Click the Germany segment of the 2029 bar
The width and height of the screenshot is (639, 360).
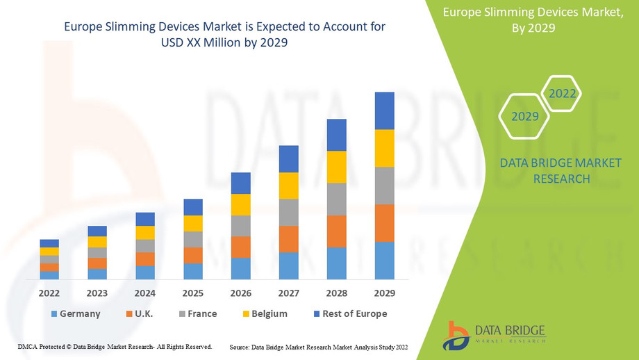(x=384, y=260)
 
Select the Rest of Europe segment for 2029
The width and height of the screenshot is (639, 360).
(x=384, y=111)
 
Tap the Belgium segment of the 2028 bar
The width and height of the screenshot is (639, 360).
(x=336, y=167)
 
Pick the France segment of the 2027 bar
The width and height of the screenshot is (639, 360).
(x=288, y=212)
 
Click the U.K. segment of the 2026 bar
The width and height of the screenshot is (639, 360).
(x=240, y=247)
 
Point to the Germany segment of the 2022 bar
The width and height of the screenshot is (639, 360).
(x=49, y=275)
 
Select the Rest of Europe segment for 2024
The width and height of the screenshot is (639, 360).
(x=145, y=219)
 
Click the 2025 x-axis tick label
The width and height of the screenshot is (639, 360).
(x=193, y=293)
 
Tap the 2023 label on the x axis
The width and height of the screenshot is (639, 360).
(x=97, y=293)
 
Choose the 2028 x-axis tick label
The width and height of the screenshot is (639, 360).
(x=336, y=293)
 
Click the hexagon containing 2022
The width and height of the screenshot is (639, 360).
(x=561, y=93)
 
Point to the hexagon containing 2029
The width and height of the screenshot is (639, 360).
(x=525, y=116)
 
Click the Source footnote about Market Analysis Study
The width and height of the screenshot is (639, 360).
(x=318, y=346)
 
